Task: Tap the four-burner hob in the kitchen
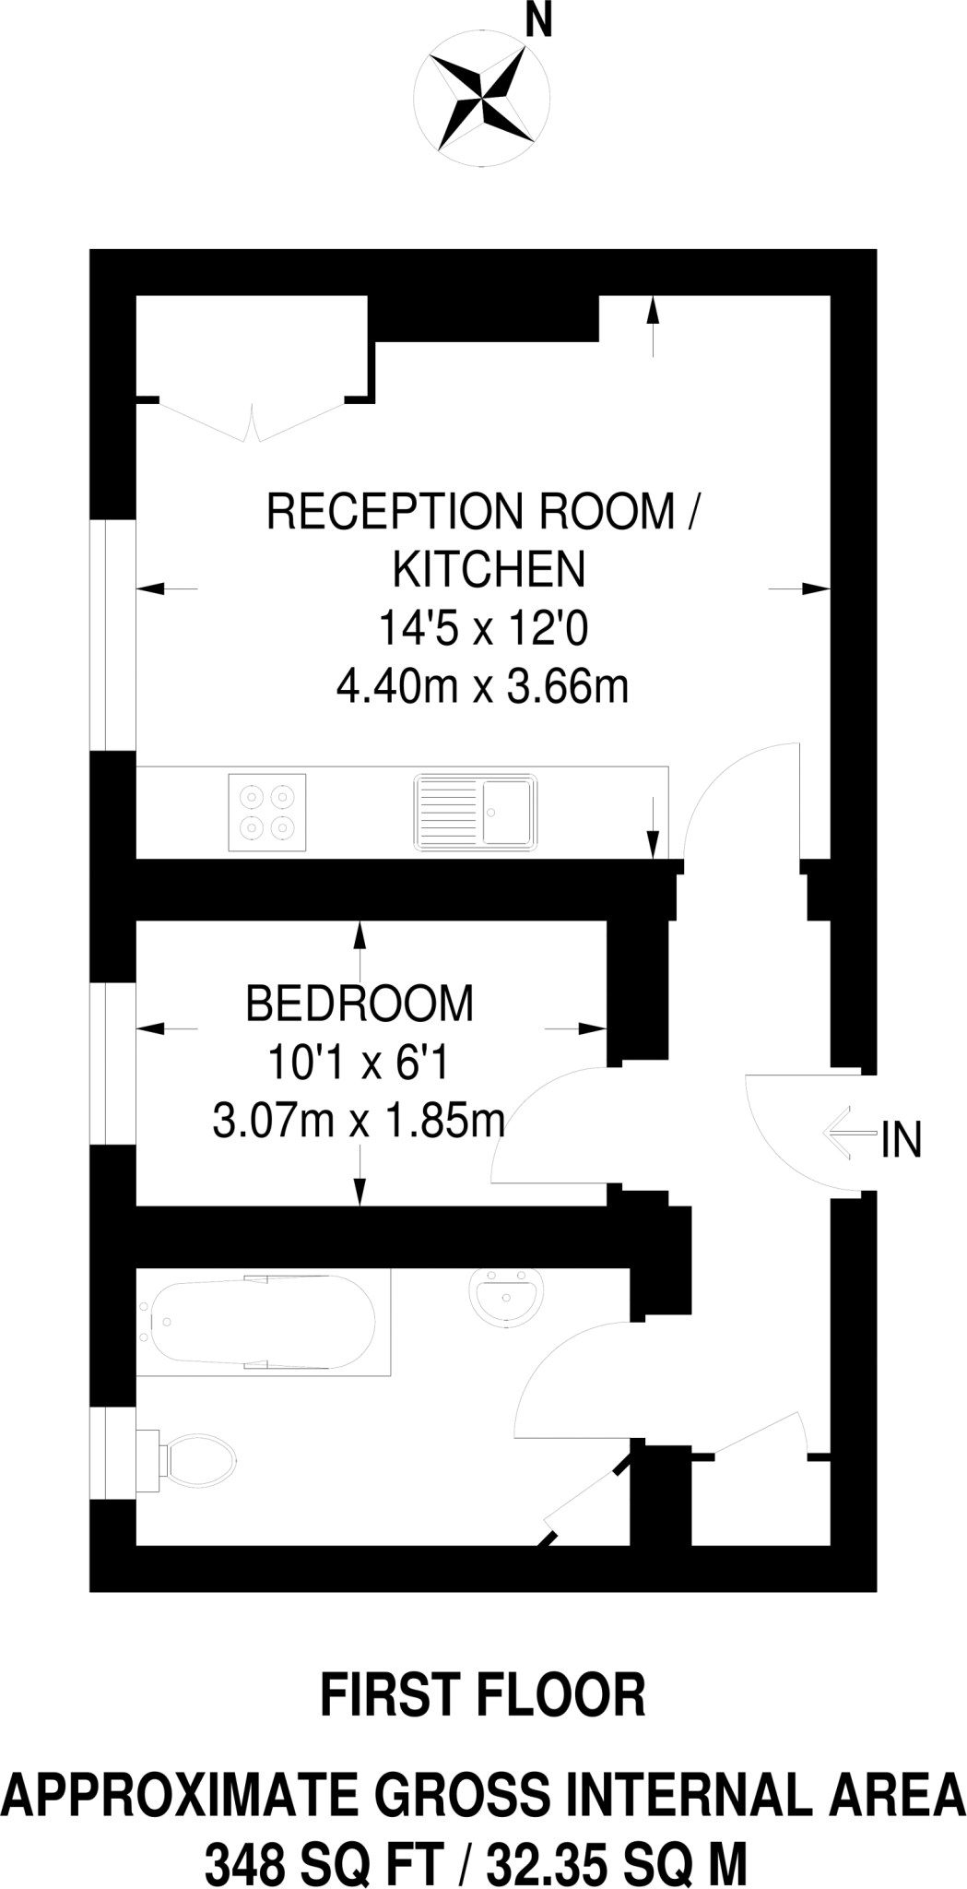pos(267,812)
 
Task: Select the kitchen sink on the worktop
pos(475,812)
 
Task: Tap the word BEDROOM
pos(360,1004)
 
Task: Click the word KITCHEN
pos(489,569)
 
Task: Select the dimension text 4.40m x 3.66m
pos(482,687)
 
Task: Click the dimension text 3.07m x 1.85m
pos(359,1123)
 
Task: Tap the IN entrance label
pos(901,1140)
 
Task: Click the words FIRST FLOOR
pos(483,1695)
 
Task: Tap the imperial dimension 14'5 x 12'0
pos(482,629)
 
